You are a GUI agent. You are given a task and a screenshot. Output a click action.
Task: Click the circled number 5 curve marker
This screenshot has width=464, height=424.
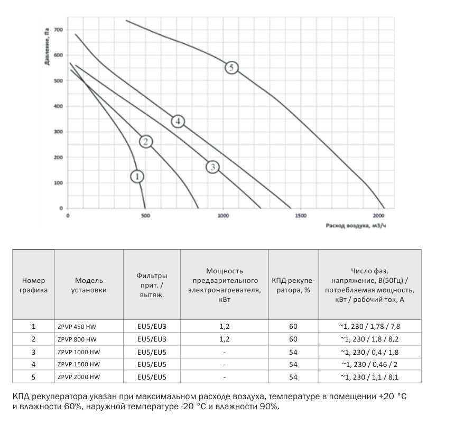point(231,68)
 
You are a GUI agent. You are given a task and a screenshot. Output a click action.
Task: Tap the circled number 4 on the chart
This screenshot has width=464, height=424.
point(178,122)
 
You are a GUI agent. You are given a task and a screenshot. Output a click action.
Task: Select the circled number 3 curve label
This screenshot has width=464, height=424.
point(212,167)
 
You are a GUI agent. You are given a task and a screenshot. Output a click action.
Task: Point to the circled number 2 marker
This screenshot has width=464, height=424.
point(146,141)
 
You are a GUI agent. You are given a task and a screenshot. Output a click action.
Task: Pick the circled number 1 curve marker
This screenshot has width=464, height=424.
point(137,176)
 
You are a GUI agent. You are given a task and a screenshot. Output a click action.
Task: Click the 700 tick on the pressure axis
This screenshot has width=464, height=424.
point(58,30)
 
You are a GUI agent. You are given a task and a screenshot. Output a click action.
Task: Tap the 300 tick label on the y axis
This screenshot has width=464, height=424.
point(58,132)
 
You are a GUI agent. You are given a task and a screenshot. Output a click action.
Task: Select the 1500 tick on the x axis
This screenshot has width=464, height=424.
point(300,216)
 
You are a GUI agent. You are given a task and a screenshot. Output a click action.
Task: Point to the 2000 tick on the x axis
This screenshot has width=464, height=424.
point(378,216)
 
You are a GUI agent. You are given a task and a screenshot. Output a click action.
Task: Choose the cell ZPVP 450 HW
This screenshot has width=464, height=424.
point(77,326)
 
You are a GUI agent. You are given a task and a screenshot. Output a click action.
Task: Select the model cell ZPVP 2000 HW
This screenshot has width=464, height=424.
point(78,377)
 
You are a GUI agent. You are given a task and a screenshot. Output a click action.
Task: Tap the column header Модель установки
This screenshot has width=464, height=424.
point(89,285)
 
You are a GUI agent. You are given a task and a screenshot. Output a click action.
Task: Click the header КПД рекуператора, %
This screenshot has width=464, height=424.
point(293,285)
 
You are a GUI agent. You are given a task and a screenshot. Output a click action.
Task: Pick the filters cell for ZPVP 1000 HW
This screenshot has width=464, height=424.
point(152,352)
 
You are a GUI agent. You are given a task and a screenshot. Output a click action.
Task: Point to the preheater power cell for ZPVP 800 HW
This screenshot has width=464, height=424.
point(225,339)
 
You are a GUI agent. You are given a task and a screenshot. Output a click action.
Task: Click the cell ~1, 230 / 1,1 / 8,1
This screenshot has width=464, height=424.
point(369,377)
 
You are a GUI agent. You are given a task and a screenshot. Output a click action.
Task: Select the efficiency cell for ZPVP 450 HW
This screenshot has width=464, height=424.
point(293,326)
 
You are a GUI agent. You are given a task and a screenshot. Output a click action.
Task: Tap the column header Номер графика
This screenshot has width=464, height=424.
point(34,285)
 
